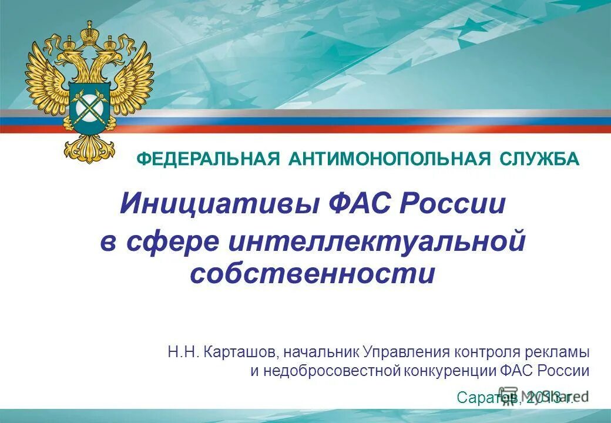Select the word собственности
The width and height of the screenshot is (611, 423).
click(313, 274)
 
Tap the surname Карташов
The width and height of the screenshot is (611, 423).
click(241, 352)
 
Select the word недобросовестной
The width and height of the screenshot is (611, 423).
click(330, 371)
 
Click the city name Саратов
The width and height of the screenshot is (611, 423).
click(487, 398)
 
